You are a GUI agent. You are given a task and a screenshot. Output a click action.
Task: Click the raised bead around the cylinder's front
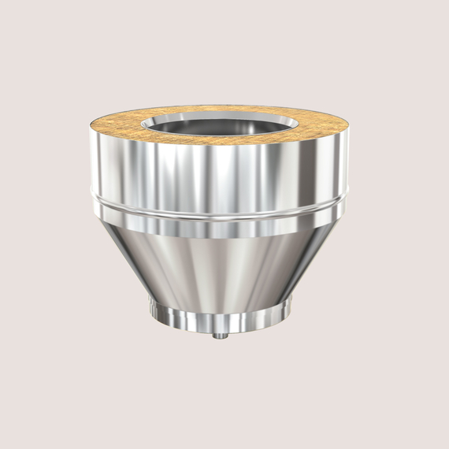219,206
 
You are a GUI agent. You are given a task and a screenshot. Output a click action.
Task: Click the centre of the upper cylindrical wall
219,169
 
